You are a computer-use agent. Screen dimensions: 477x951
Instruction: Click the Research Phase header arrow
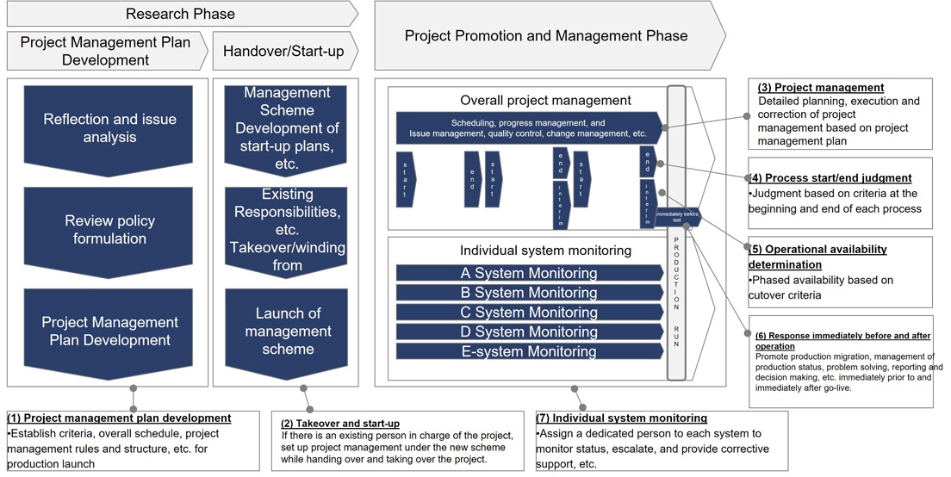tap(180, 14)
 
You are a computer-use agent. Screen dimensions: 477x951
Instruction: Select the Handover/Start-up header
tap(283, 52)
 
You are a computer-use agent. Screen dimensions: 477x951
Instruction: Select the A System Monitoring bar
tap(527, 273)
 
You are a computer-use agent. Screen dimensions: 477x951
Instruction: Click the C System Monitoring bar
tap(527, 312)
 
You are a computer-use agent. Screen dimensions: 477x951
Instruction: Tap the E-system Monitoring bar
tap(527, 351)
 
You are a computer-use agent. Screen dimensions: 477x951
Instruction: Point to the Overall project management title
tap(545, 101)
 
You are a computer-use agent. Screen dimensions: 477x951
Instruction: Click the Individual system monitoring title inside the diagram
tap(545, 251)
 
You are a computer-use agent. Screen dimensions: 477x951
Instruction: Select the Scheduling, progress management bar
tap(527, 128)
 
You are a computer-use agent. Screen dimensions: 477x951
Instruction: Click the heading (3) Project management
tap(820, 88)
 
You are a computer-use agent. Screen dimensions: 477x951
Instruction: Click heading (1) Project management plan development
tap(119, 418)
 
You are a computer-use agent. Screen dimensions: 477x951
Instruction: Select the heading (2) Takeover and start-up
tap(340, 424)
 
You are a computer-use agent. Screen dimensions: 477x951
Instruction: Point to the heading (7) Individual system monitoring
tap(621, 418)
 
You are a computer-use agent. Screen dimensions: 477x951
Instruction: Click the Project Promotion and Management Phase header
tap(546, 35)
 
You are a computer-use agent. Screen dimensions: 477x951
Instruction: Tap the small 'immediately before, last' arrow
tap(677, 216)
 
